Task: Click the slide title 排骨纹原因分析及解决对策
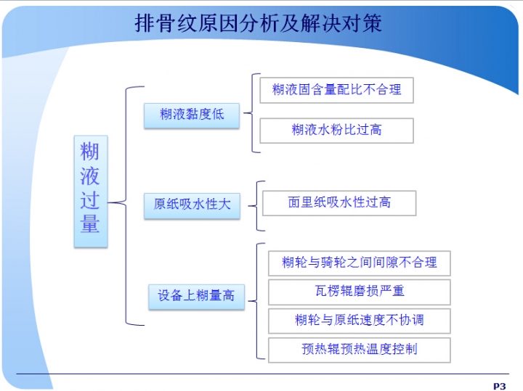(258, 23)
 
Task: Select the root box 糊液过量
(91, 190)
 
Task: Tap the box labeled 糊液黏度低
(192, 115)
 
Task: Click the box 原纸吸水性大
(192, 205)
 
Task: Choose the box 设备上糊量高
(196, 296)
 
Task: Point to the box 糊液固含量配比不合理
(336, 90)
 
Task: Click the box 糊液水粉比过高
(336, 130)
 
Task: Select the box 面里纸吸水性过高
(339, 203)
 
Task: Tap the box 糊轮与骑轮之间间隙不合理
(359, 262)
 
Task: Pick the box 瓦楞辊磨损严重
(359, 292)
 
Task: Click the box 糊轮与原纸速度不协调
(359, 321)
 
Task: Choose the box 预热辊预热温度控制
(359, 350)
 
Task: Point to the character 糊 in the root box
(90, 152)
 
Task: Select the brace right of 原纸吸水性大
(256, 205)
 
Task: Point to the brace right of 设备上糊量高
(257, 301)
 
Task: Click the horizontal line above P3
(261, 374)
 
